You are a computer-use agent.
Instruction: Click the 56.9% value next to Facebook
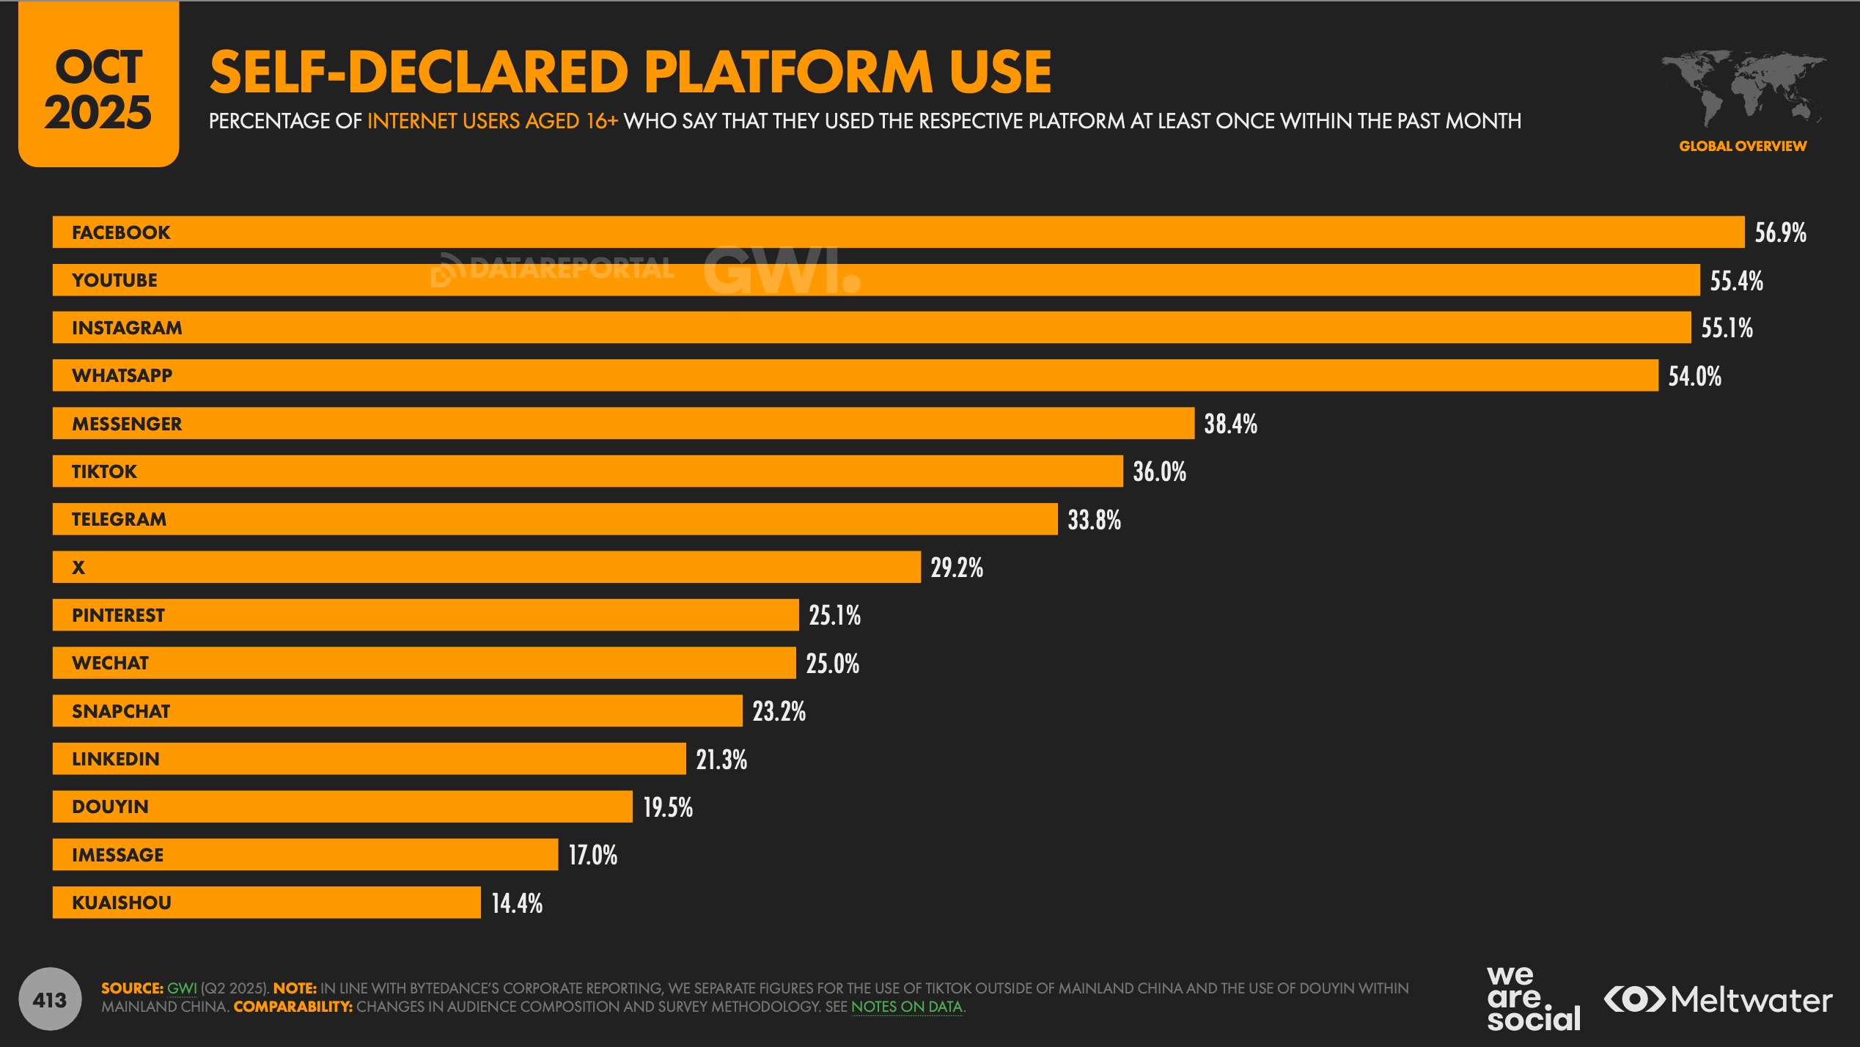pyautogui.click(x=1780, y=232)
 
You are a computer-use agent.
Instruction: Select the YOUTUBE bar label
pyautogui.click(x=114, y=280)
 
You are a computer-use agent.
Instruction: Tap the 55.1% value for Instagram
pyautogui.click(x=1727, y=328)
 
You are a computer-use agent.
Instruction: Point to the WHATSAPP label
pyautogui.click(x=122, y=375)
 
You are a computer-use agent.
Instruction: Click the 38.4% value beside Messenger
pyautogui.click(x=1230, y=424)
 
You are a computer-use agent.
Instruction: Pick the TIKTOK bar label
pyautogui.click(x=104, y=471)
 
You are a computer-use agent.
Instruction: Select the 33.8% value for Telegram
pyautogui.click(x=1094, y=520)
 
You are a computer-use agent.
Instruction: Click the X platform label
pyautogui.click(x=78, y=567)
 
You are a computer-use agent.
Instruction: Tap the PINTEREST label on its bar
pyautogui.click(x=118, y=615)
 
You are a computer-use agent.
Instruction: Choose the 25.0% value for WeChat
pyautogui.click(x=832, y=664)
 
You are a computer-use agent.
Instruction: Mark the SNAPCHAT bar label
pyautogui.click(x=121, y=711)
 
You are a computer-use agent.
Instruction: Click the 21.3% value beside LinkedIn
pyautogui.click(x=721, y=760)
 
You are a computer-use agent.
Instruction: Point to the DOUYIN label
pyautogui.click(x=110, y=807)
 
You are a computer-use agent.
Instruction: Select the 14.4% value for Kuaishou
pyautogui.click(x=517, y=903)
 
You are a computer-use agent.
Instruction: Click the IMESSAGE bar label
pyautogui.click(x=117, y=855)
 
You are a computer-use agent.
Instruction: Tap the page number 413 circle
pyautogui.click(x=50, y=999)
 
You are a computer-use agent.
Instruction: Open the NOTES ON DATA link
pyautogui.click(x=906, y=1007)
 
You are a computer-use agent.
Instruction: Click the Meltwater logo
pyautogui.click(x=1718, y=1000)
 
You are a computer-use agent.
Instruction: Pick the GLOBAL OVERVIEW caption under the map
pyautogui.click(x=1743, y=146)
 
